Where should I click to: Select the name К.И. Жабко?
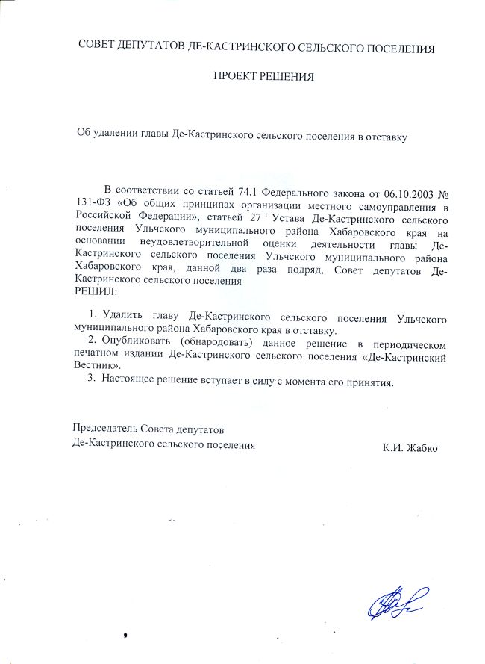point(410,447)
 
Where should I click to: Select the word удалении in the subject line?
point(116,134)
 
